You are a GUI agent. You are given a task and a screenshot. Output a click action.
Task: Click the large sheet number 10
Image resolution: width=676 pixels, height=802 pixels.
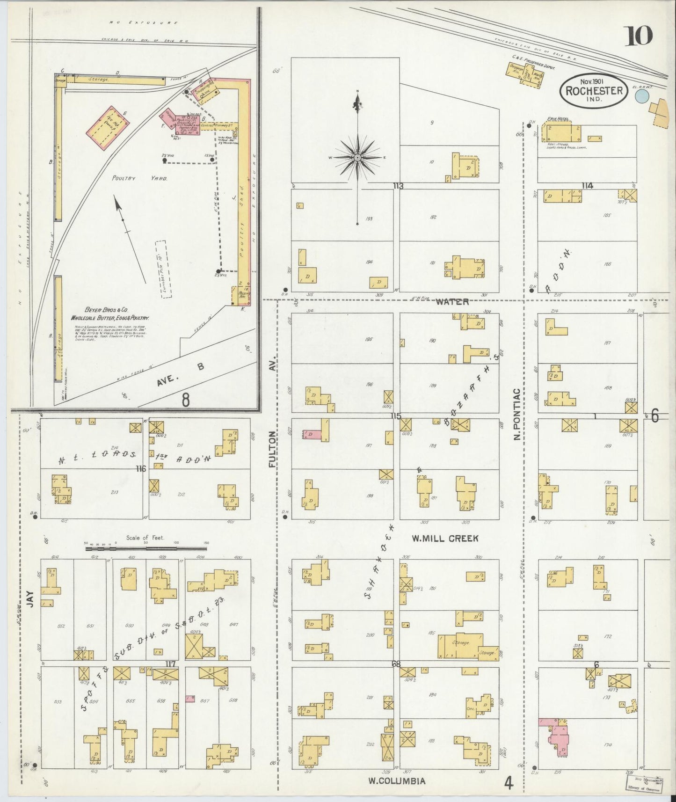pyautogui.click(x=637, y=36)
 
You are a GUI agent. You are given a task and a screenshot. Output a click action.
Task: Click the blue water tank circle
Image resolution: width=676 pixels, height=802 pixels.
pyautogui.click(x=642, y=97)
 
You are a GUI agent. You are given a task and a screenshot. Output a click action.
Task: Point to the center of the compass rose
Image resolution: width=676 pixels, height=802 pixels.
pyautogui.click(x=358, y=157)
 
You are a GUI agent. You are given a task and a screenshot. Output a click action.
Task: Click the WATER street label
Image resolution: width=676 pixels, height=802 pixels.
pyautogui.click(x=452, y=302)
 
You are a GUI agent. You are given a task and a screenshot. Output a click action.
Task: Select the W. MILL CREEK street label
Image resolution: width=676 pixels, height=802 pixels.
pyautogui.click(x=444, y=539)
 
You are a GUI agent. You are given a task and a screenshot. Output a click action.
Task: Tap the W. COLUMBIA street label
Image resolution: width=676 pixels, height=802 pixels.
pyautogui.click(x=397, y=781)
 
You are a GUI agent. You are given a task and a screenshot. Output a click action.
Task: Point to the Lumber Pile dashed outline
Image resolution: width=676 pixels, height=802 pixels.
pyautogui.click(x=163, y=270)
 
